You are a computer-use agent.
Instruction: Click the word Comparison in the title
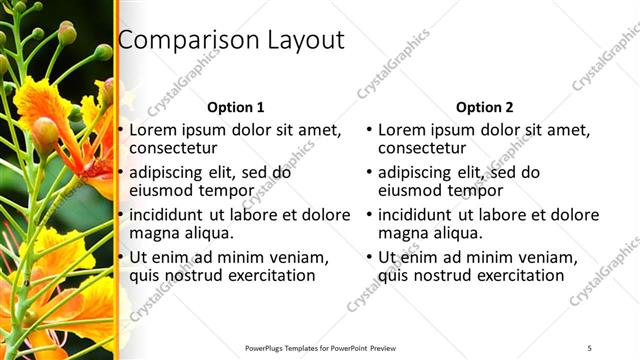(187, 41)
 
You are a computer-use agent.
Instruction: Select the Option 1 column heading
(236, 107)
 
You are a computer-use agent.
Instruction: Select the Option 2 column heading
(484, 107)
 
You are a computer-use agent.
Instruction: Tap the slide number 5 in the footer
(589, 347)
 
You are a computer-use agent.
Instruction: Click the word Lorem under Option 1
(153, 129)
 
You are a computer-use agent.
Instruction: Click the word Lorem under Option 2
(402, 129)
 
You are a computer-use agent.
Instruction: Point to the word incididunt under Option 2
(417, 214)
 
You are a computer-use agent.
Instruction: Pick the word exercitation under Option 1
(268, 275)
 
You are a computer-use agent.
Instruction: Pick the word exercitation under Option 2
(517, 275)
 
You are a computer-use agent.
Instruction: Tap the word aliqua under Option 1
(207, 233)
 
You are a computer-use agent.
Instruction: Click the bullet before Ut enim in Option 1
(120, 257)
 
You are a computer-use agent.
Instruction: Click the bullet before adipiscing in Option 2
(369, 172)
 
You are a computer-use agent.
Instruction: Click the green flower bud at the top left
(67, 33)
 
